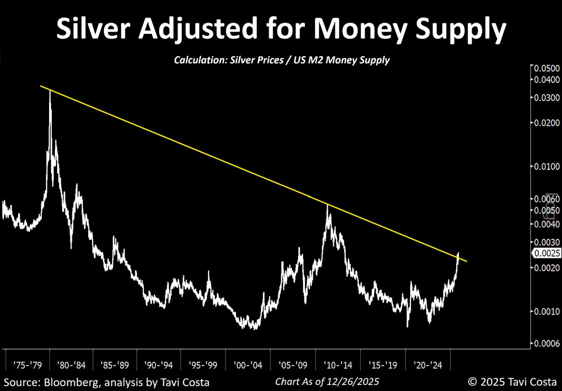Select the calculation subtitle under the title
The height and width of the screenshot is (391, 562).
[x=281, y=60]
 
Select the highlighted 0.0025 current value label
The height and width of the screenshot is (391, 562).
[x=546, y=253]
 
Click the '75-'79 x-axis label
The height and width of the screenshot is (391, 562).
[x=28, y=364]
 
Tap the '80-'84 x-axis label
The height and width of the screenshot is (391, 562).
[x=71, y=364]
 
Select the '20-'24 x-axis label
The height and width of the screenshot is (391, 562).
[x=425, y=364]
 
